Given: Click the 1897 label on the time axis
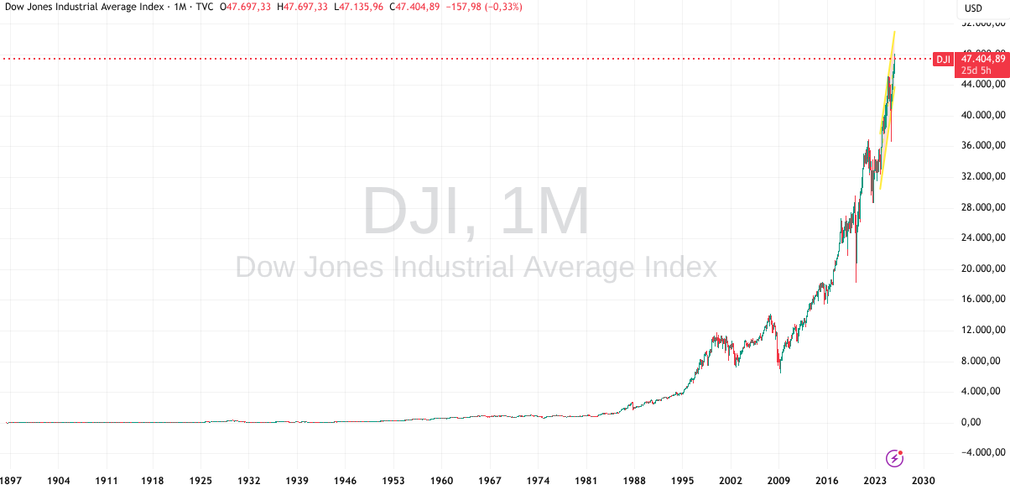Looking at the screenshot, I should point(11,481).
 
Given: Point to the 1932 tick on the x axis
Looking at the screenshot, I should point(249,481).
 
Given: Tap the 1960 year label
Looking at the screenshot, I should point(441,481).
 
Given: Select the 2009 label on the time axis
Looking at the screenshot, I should point(778,481).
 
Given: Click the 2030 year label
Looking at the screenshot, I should point(922,481).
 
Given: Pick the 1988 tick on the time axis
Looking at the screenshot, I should point(634,481).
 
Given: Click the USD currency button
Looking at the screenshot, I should point(973,8).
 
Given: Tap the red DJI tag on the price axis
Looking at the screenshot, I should point(944,59).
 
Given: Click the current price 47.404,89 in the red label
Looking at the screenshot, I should point(982,59).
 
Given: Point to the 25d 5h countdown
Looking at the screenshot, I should point(976,70).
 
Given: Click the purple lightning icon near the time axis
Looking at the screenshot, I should point(895,458).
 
